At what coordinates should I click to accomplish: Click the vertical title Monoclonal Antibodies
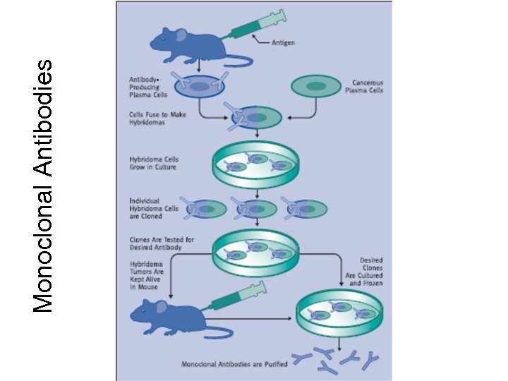tap(44, 185)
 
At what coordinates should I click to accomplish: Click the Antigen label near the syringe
tap(283, 42)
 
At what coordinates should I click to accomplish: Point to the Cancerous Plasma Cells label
tap(363, 86)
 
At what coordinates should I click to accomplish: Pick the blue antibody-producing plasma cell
tap(200, 87)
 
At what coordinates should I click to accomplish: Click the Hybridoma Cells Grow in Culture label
tap(152, 163)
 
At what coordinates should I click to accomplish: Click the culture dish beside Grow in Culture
tap(256, 164)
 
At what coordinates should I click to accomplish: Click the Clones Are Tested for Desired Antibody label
tap(161, 243)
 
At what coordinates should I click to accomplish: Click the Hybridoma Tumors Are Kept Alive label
tap(148, 273)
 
